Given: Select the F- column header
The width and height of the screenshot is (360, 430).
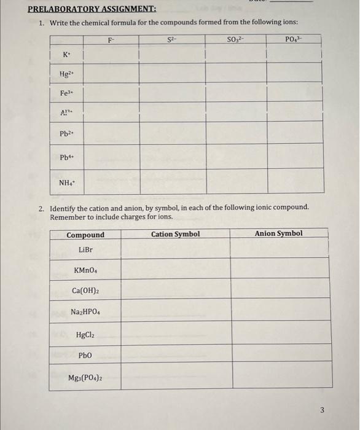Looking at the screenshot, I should coord(111,41).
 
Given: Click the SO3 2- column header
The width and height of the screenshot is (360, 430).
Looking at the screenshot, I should coord(235,41).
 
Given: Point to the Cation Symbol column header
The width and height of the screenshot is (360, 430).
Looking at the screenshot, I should coord(175,234).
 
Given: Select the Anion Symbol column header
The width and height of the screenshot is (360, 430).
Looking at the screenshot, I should coord(278,233).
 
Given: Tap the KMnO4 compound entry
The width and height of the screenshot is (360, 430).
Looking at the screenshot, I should coord(86,270).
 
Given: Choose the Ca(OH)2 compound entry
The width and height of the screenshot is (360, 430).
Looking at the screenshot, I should coord(85,291).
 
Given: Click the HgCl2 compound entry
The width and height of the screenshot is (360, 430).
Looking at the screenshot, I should coord(85,335).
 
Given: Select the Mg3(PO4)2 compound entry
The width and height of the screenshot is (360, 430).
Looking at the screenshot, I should coord(85,378).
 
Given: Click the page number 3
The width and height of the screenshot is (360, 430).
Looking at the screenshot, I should coord(340,411).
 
